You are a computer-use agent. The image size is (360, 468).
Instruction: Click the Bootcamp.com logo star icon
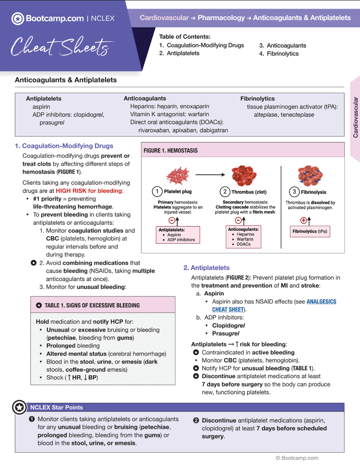(17, 18)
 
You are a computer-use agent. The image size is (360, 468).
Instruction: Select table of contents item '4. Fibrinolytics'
(279, 54)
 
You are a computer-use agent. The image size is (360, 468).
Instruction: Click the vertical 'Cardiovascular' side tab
(355, 117)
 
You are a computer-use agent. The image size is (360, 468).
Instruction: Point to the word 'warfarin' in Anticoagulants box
(198, 114)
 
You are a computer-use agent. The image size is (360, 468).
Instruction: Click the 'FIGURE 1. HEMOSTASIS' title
(171, 151)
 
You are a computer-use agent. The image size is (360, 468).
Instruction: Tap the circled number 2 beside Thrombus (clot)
(225, 192)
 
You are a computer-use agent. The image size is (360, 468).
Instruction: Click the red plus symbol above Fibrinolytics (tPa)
(304, 220)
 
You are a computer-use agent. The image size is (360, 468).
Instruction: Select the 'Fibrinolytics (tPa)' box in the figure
(310, 232)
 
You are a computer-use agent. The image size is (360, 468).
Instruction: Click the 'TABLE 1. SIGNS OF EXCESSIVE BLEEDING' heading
(92, 305)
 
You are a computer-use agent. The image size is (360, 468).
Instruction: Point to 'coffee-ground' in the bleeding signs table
(85, 369)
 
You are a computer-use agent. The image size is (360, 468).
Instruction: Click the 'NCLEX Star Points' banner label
(56, 407)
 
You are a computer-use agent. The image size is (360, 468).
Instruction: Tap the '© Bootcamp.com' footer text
(297, 458)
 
